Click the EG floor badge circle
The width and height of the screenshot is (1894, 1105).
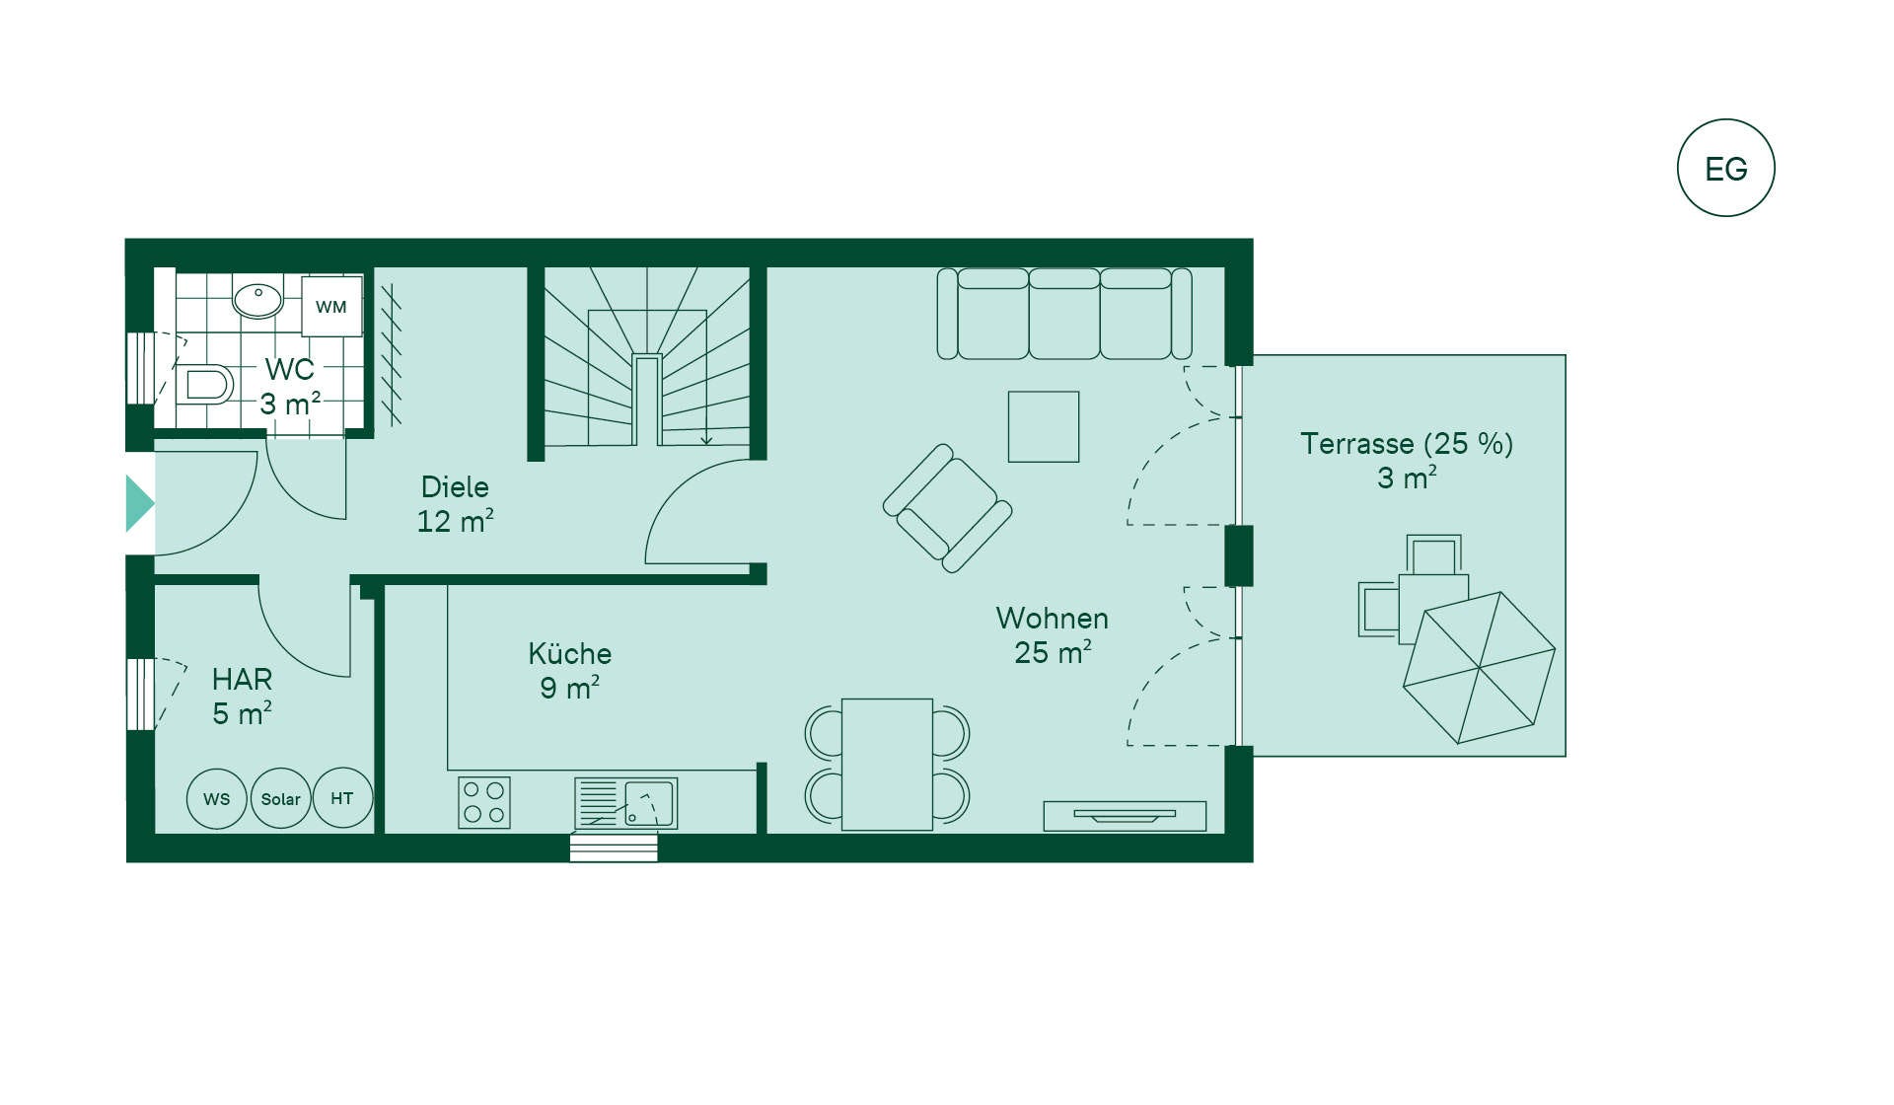click(x=1725, y=119)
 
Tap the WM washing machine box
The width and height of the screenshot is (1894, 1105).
click(x=331, y=307)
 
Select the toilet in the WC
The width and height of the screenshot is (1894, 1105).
click(x=204, y=384)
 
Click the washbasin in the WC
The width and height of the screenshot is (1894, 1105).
click(x=258, y=297)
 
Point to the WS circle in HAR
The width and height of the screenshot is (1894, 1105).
click(x=217, y=798)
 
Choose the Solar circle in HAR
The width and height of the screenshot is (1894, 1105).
click(x=281, y=798)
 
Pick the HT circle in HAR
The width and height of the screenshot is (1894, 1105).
click(x=342, y=798)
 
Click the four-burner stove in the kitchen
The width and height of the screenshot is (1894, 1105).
click(x=484, y=802)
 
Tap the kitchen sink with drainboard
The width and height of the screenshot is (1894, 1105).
click(x=625, y=803)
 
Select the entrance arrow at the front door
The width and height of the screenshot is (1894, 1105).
click(x=139, y=503)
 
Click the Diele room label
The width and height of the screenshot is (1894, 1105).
click(x=455, y=486)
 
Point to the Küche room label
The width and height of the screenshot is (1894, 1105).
click(x=569, y=653)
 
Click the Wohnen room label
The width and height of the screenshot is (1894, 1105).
click(x=1052, y=619)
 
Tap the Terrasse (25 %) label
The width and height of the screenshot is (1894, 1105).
click(x=1407, y=444)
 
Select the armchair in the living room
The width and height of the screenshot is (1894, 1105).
click(x=947, y=508)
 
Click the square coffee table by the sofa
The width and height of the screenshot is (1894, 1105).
click(x=1044, y=427)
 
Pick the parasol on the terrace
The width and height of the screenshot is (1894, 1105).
click(x=1479, y=668)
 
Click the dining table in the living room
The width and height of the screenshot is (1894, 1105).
click(x=887, y=765)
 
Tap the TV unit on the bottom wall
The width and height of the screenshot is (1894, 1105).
click(x=1125, y=816)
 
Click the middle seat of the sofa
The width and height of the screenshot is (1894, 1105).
click(x=1064, y=314)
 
